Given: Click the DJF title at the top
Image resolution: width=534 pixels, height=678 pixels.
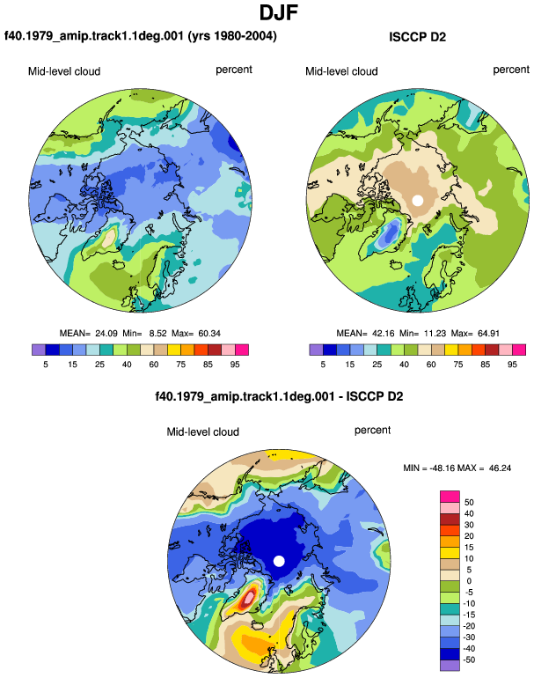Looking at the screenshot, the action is (279, 12).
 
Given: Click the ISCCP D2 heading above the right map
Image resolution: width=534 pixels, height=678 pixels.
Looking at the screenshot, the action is (417, 37).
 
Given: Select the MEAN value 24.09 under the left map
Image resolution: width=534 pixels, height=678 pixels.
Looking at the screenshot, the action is (106, 334).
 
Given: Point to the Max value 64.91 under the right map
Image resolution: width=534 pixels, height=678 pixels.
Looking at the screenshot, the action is (488, 334).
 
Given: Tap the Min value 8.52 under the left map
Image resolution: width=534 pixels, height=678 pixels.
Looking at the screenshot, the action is (157, 334).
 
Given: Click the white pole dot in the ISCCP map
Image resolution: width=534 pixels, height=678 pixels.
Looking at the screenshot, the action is (417, 200).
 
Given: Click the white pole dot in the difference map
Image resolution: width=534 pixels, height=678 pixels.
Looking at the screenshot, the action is (279, 561).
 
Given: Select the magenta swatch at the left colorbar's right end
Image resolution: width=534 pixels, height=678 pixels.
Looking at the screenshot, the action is (242, 350).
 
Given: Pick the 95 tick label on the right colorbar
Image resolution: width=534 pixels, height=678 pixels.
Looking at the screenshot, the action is (512, 365).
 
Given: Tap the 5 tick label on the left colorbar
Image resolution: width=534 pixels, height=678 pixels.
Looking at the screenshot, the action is (46, 365).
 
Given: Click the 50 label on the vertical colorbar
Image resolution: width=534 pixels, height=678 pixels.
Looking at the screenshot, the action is (469, 503).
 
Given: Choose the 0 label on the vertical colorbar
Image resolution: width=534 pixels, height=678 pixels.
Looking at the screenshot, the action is (469, 581).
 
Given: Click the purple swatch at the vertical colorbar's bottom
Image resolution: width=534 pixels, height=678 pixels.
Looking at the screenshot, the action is (450, 666).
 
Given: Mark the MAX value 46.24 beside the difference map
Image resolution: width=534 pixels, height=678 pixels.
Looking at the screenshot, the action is (500, 468).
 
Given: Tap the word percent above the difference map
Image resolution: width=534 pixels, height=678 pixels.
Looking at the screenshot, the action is (372, 431).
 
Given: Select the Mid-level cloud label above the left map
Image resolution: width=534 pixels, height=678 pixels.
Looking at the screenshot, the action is (64, 71).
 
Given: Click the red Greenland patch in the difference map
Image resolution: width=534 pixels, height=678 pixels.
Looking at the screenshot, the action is (248, 599).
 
